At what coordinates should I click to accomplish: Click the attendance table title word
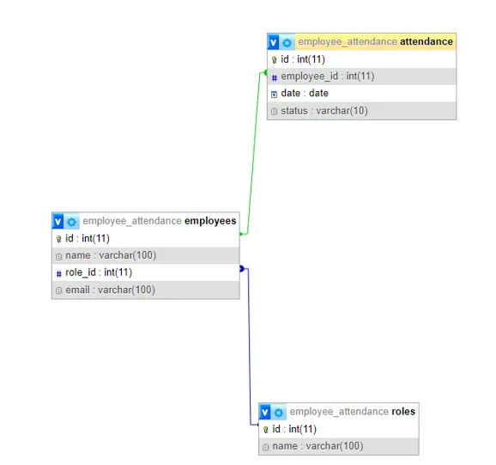tap(426, 41)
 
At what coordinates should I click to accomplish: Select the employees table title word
tap(210, 221)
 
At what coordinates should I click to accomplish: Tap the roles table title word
tap(403, 411)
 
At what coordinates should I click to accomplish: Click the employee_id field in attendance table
tap(328, 76)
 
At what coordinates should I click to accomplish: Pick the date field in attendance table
tap(305, 93)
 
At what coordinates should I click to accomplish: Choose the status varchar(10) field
tap(324, 111)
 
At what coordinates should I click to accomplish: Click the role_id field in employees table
tap(99, 272)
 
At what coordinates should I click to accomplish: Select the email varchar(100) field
tap(110, 290)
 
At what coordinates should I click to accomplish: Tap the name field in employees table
tap(111, 255)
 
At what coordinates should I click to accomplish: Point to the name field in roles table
tap(318, 446)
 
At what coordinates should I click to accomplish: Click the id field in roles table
tap(294, 429)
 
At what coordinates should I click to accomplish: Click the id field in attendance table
tap(303, 59)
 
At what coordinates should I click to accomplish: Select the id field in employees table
tap(87, 238)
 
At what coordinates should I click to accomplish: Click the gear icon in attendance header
tap(287, 42)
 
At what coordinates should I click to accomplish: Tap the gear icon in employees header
tap(71, 222)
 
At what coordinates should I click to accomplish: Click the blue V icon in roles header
tap(265, 412)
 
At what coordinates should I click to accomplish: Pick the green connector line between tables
tap(253, 154)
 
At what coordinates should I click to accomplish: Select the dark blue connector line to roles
tap(249, 347)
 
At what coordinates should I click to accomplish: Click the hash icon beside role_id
tap(59, 273)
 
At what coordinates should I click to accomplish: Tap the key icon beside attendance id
tap(275, 60)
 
